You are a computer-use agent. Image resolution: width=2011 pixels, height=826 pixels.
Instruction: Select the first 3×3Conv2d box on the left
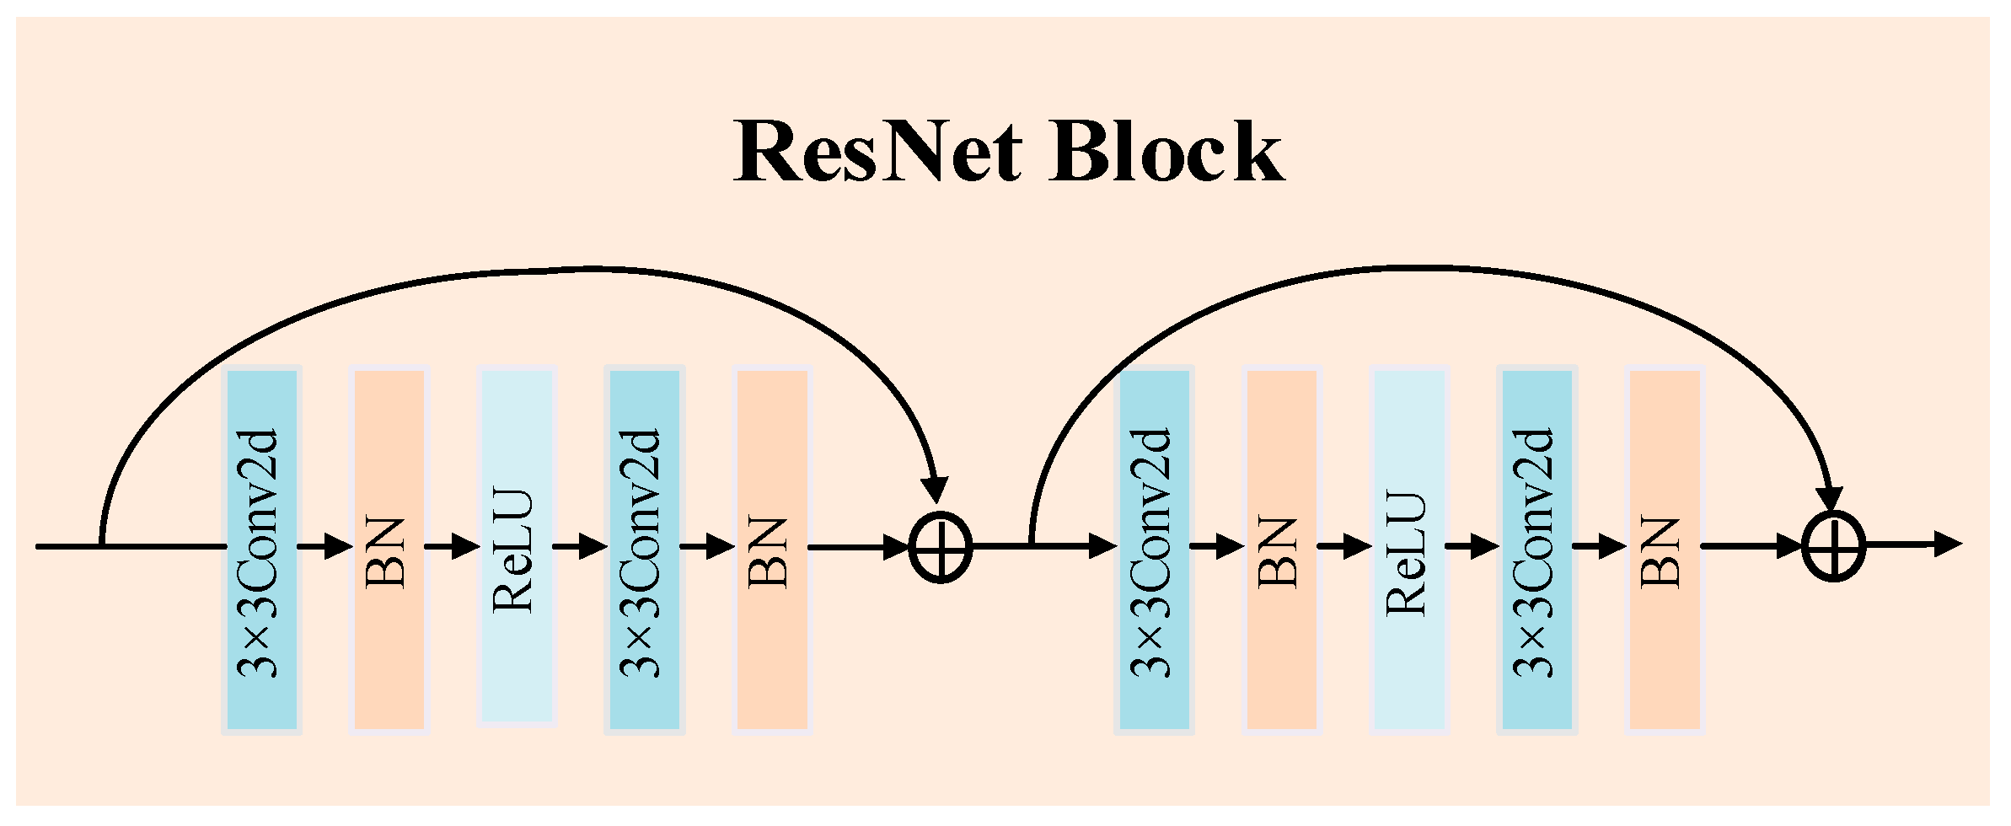pos(261,550)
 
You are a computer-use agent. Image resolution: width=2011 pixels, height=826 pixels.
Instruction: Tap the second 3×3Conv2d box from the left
pos(644,550)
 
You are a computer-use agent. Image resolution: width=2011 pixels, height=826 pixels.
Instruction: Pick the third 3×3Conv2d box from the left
pos(1153,550)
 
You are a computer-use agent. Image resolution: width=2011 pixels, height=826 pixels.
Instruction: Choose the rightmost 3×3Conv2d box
pos(1536,550)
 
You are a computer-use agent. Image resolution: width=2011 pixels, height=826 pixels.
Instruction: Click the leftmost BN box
pos(389,550)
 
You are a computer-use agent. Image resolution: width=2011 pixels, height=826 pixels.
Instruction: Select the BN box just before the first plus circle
pos(772,550)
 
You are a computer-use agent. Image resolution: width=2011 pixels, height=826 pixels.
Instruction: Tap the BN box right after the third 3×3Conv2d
pos(1281,550)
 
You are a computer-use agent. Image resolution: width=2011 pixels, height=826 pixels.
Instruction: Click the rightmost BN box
pos(1664,550)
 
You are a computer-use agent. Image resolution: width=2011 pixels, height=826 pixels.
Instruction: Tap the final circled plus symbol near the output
pos(1833,546)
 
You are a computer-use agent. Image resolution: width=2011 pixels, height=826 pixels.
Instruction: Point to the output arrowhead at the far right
pos(1947,544)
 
